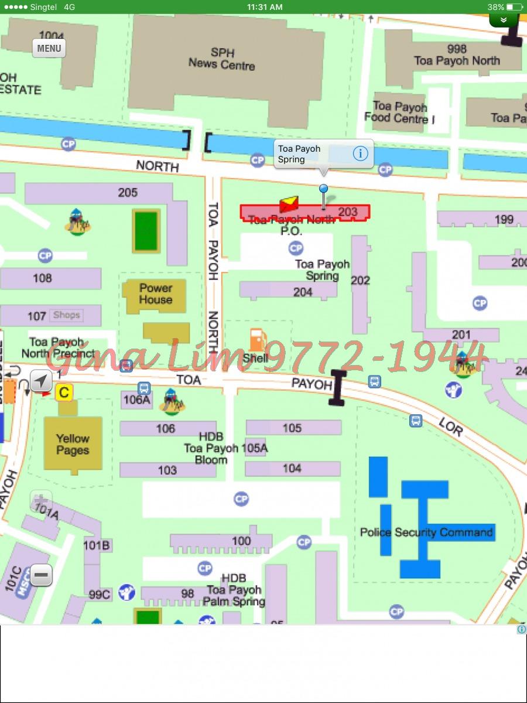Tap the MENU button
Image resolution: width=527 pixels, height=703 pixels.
[49, 48]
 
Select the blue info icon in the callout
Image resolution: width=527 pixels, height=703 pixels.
[360, 153]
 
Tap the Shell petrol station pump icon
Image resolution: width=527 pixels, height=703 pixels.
[256, 340]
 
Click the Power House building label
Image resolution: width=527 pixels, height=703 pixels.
[155, 294]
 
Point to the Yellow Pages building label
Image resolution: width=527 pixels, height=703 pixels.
[73, 444]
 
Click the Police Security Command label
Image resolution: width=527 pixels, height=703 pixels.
[426, 533]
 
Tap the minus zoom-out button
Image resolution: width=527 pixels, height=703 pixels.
[41, 575]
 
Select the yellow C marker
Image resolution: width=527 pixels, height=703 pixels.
[64, 393]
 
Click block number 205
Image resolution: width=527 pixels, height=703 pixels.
[128, 192]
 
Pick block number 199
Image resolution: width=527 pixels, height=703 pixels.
[504, 220]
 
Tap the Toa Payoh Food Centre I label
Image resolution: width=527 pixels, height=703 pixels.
[400, 112]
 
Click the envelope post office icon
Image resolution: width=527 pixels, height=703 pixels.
[289, 204]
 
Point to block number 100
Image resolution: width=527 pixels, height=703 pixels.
[241, 541]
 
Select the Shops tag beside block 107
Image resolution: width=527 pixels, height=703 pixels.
[66, 315]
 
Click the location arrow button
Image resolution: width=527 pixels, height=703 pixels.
[40, 381]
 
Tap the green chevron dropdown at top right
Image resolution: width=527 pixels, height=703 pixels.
[504, 21]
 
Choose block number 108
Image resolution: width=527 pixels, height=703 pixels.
[42, 278]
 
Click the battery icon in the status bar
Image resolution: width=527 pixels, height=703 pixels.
[515, 7]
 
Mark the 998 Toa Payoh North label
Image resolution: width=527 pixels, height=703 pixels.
[457, 54]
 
